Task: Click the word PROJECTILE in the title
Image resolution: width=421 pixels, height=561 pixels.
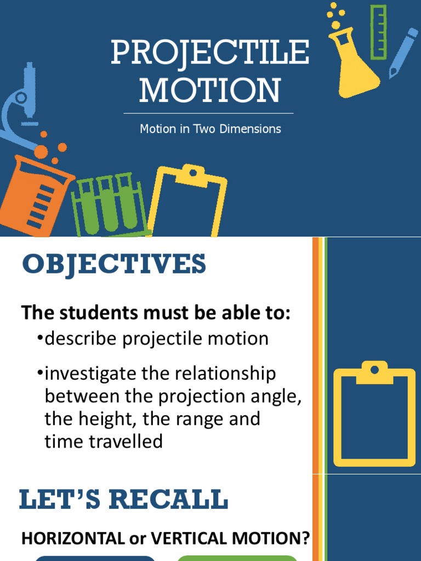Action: point(210,53)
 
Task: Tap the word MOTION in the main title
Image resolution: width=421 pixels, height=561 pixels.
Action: point(210,90)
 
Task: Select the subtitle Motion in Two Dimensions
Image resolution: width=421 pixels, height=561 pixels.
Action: point(210,129)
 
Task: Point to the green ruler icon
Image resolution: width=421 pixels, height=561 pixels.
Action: point(378,32)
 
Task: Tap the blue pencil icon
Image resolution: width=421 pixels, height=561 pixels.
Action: point(402,52)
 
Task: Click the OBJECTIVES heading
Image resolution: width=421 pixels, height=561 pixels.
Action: point(114,265)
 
